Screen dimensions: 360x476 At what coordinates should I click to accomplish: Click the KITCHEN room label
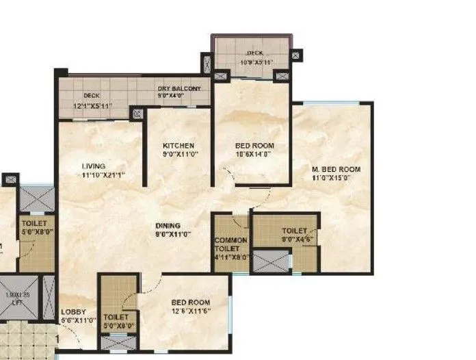(178, 146)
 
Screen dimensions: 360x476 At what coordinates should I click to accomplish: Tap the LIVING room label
(93, 166)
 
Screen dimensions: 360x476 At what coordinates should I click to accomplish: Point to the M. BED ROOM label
(336, 169)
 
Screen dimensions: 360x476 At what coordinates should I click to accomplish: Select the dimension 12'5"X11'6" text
(191, 311)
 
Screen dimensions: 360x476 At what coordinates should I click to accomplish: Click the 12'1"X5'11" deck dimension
(92, 106)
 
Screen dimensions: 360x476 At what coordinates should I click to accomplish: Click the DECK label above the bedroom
(255, 52)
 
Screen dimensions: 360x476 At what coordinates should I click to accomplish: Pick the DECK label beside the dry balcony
(92, 97)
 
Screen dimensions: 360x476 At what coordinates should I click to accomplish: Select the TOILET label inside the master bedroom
(294, 231)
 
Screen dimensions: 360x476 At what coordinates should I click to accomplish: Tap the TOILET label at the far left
(32, 223)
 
